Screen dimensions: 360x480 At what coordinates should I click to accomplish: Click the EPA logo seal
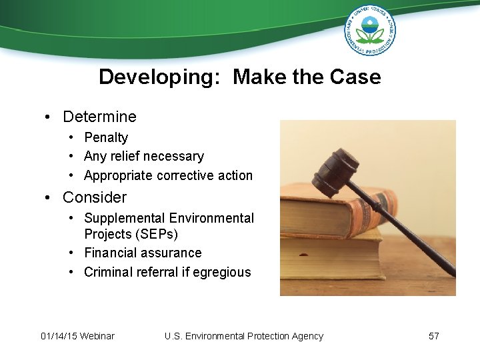pos(370,30)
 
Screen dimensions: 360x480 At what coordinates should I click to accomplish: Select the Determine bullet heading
pos(99,117)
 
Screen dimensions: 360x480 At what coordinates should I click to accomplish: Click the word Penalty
pos(106,137)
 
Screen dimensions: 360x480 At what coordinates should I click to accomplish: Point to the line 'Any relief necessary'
pos(143,157)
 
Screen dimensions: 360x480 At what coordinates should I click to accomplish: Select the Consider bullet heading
pos(94,198)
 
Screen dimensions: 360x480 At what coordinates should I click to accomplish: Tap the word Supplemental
pos(125,218)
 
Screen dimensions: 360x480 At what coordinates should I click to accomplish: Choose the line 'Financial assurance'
pos(143,253)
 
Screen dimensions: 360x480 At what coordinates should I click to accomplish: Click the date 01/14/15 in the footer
pos(59,336)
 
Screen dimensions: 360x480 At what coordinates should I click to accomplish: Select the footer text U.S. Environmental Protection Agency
pos(243,336)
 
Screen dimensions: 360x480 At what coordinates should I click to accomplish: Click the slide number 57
pos(433,336)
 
